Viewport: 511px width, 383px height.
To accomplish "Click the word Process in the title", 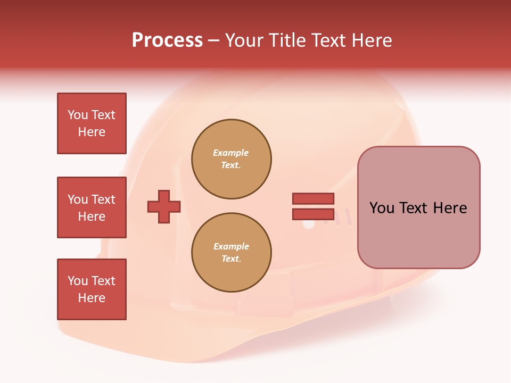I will [167, 40].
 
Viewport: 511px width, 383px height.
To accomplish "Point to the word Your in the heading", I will [244, 40].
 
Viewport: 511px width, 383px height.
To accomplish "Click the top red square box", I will [92, 123].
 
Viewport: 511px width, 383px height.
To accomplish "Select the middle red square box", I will [92, 207].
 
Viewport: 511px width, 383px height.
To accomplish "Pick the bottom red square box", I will [92, 289].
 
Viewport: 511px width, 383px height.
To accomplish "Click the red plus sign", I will [164, 206].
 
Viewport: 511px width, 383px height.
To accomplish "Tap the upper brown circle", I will [232, 159].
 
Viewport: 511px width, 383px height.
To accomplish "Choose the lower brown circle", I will [232, 253].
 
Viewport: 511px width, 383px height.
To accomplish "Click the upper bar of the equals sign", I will [313, 198].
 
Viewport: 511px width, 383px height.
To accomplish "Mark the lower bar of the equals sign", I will [313, 214].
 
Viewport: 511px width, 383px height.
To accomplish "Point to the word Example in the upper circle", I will [231, 153].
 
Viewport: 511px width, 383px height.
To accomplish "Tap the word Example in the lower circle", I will [231, 246].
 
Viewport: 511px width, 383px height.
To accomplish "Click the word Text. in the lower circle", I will [231, 259].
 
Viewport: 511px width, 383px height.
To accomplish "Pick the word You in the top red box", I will [78, 115].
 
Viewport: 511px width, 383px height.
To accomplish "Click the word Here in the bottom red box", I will [92, 298].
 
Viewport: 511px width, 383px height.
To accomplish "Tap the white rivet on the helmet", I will [308, 224].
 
